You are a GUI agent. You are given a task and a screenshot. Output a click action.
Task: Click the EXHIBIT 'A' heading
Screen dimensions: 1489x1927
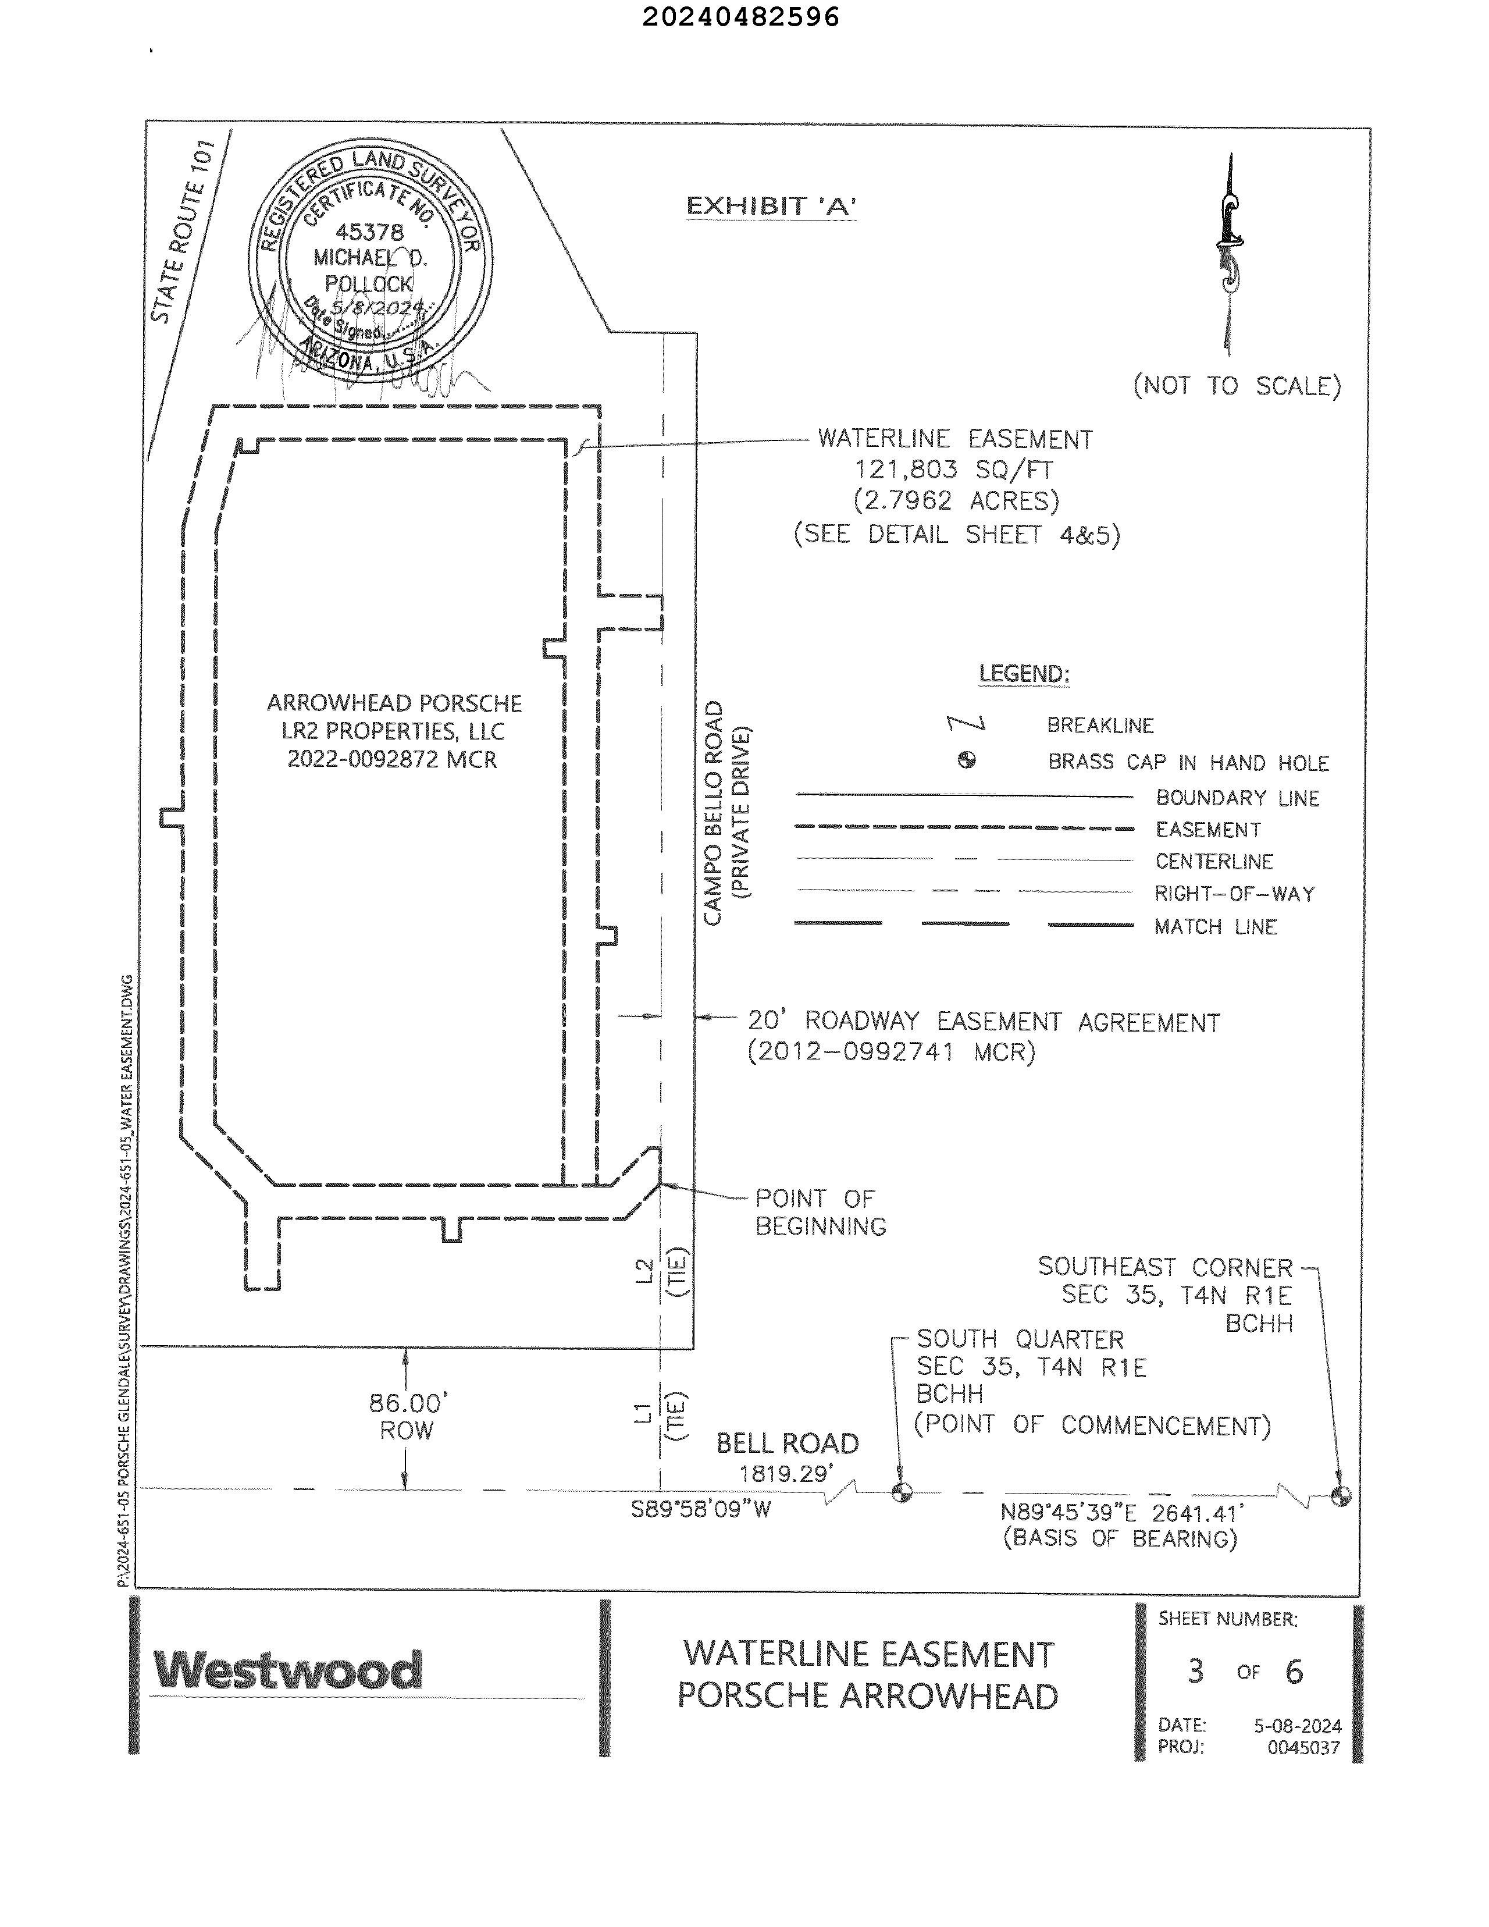tap(770, 207)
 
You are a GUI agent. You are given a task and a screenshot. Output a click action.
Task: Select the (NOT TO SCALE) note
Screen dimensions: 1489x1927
tap(1237, 386)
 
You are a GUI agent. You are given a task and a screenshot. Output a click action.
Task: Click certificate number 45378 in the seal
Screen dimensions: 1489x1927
tap(369, 232)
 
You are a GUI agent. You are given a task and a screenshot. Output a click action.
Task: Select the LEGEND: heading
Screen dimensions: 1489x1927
tap(1024, 674)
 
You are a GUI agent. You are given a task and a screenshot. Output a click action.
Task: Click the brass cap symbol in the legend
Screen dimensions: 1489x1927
tap(967, 760)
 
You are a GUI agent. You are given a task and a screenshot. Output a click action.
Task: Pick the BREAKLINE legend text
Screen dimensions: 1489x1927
tap(1100, 726)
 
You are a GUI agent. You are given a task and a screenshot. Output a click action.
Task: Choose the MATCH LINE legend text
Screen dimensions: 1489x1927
tap(1216, 926)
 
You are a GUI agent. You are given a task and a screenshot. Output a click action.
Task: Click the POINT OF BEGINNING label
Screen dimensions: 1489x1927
tap(820, 1211)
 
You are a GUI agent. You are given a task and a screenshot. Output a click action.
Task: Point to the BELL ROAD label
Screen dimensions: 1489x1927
tap(787, 1444)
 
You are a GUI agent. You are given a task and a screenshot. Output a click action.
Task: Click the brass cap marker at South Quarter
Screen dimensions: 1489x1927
tap(902, 1492)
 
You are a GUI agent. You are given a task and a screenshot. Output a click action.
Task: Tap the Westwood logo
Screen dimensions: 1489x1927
tap(287, 1670)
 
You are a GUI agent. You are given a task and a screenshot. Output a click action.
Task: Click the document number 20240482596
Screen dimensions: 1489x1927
tap(741, 17)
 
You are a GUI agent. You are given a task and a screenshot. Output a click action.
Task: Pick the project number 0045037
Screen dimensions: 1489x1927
tap(1303, 1747)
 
